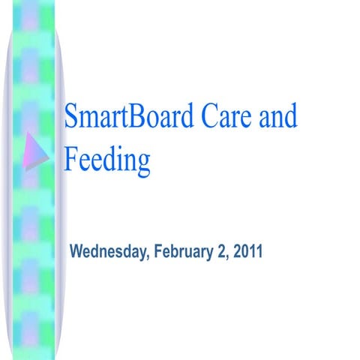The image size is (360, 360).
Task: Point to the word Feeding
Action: tap(107, 159)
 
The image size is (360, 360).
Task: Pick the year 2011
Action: tap(247, 250)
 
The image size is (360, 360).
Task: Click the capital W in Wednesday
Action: tap(76, 250)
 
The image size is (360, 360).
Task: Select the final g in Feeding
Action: tap(142, 163)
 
